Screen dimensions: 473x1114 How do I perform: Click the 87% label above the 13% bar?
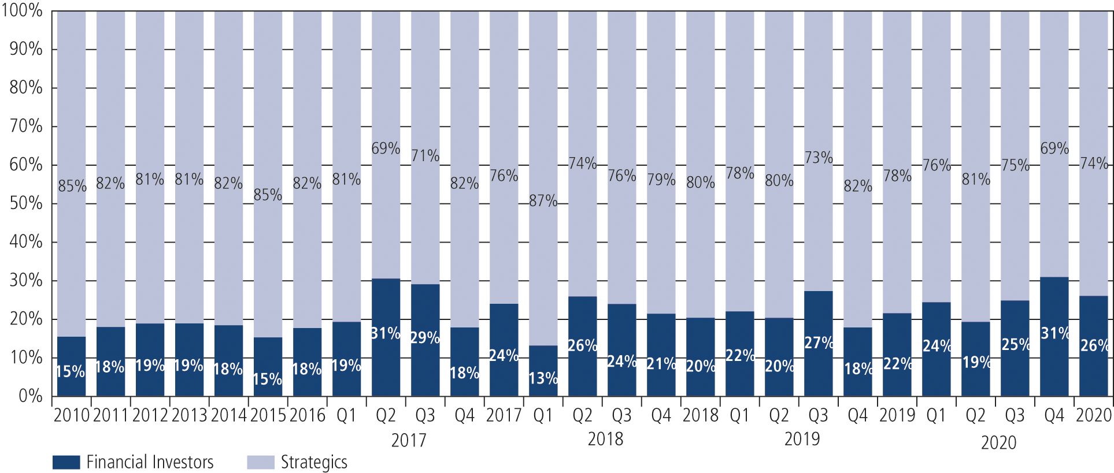point(543,201)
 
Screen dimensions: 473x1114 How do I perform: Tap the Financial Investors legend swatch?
point(66,462)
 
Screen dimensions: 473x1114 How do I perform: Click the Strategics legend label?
point(314,462)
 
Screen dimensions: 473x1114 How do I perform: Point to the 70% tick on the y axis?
point(26,126)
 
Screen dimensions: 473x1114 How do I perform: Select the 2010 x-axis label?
point(71,415)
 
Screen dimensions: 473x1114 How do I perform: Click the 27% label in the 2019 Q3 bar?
point(819,342)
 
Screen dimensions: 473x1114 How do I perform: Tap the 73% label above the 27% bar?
point(819,157)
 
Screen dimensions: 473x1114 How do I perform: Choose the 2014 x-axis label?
point(228,415)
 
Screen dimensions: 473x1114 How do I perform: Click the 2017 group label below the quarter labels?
point(408,440)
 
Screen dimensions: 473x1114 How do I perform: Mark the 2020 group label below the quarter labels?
point(998,442)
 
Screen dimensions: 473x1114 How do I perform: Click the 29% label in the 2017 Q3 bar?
point(425,337)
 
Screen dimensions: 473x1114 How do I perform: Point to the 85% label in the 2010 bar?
point(72,186)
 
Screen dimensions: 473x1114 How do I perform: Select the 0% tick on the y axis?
point(30,396)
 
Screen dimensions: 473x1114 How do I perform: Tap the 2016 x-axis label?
point(307,415)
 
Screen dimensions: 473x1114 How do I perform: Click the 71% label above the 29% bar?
point(425,155)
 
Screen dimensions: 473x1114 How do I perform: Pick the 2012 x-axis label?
point(150,415)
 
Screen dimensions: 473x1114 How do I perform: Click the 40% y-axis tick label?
point(26,241)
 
